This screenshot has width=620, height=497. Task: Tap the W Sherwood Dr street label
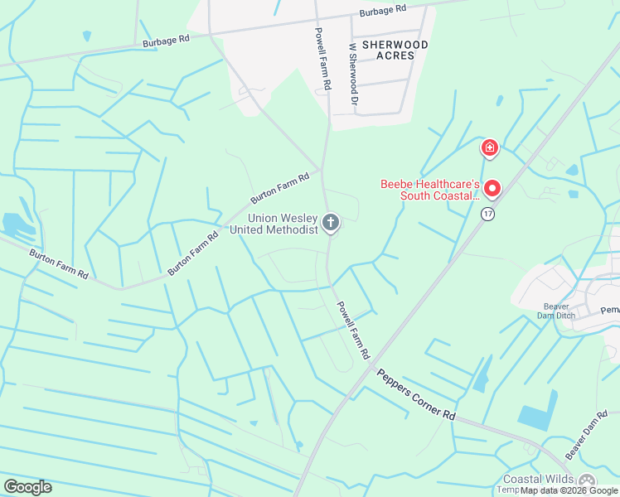point(354,74)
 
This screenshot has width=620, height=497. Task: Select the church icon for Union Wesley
point(331,222)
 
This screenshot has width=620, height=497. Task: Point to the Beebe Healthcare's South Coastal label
point(429,190)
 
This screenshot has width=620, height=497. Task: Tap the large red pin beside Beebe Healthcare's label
point(492,189)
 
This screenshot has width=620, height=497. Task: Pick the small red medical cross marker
point(490,148)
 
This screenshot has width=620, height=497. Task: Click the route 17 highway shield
point(488,214)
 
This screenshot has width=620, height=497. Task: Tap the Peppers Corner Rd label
point(416,392)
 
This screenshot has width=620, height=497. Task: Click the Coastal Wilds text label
point(538,480)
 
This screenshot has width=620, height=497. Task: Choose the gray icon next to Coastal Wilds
point(587,481)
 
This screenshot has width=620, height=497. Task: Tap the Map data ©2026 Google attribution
point(569,490)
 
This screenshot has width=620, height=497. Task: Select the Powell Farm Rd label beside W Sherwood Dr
point(323,59)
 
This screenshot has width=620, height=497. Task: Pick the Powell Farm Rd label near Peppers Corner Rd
point(352,330)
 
